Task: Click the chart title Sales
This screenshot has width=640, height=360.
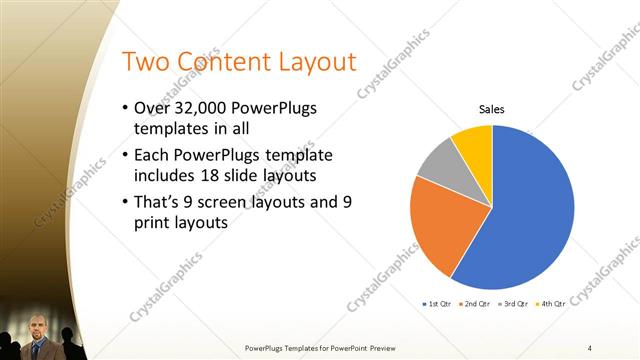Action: click(491, 108)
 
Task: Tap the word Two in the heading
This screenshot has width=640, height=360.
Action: click(143, 62)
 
